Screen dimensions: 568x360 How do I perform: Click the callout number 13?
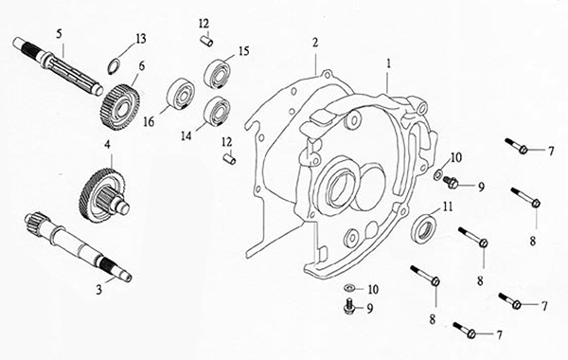[x=141, y=39]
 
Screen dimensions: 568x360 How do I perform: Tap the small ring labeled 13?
[x=114, y=66]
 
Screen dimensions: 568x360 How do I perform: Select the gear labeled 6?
[x=119, y=108]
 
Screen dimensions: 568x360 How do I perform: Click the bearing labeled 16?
[x=181, y=93]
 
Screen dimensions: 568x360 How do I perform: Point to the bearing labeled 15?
[x=218, y=74]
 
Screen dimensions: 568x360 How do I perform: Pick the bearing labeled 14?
[x=218, y=111]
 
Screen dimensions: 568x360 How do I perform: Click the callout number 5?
[x=59, y=33]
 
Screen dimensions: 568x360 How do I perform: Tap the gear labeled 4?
[x=103, y=194]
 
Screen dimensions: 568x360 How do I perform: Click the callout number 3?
[x=98, y=290]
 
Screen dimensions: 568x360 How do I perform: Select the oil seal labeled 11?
[x=424, y=228]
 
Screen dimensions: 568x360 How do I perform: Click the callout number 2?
[x=315, y=43]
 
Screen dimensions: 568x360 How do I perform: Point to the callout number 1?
[x=389, y=63]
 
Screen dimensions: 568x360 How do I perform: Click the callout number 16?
[x=149, y=121]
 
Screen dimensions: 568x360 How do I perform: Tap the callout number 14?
[x=186, y=135]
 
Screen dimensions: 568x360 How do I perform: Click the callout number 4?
[x=107, y=145]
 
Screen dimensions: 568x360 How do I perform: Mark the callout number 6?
[x=142, y=66]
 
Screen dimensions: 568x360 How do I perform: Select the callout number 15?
[x=244, y=51]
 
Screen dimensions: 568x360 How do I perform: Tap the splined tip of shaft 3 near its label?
[x=115, y=268]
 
